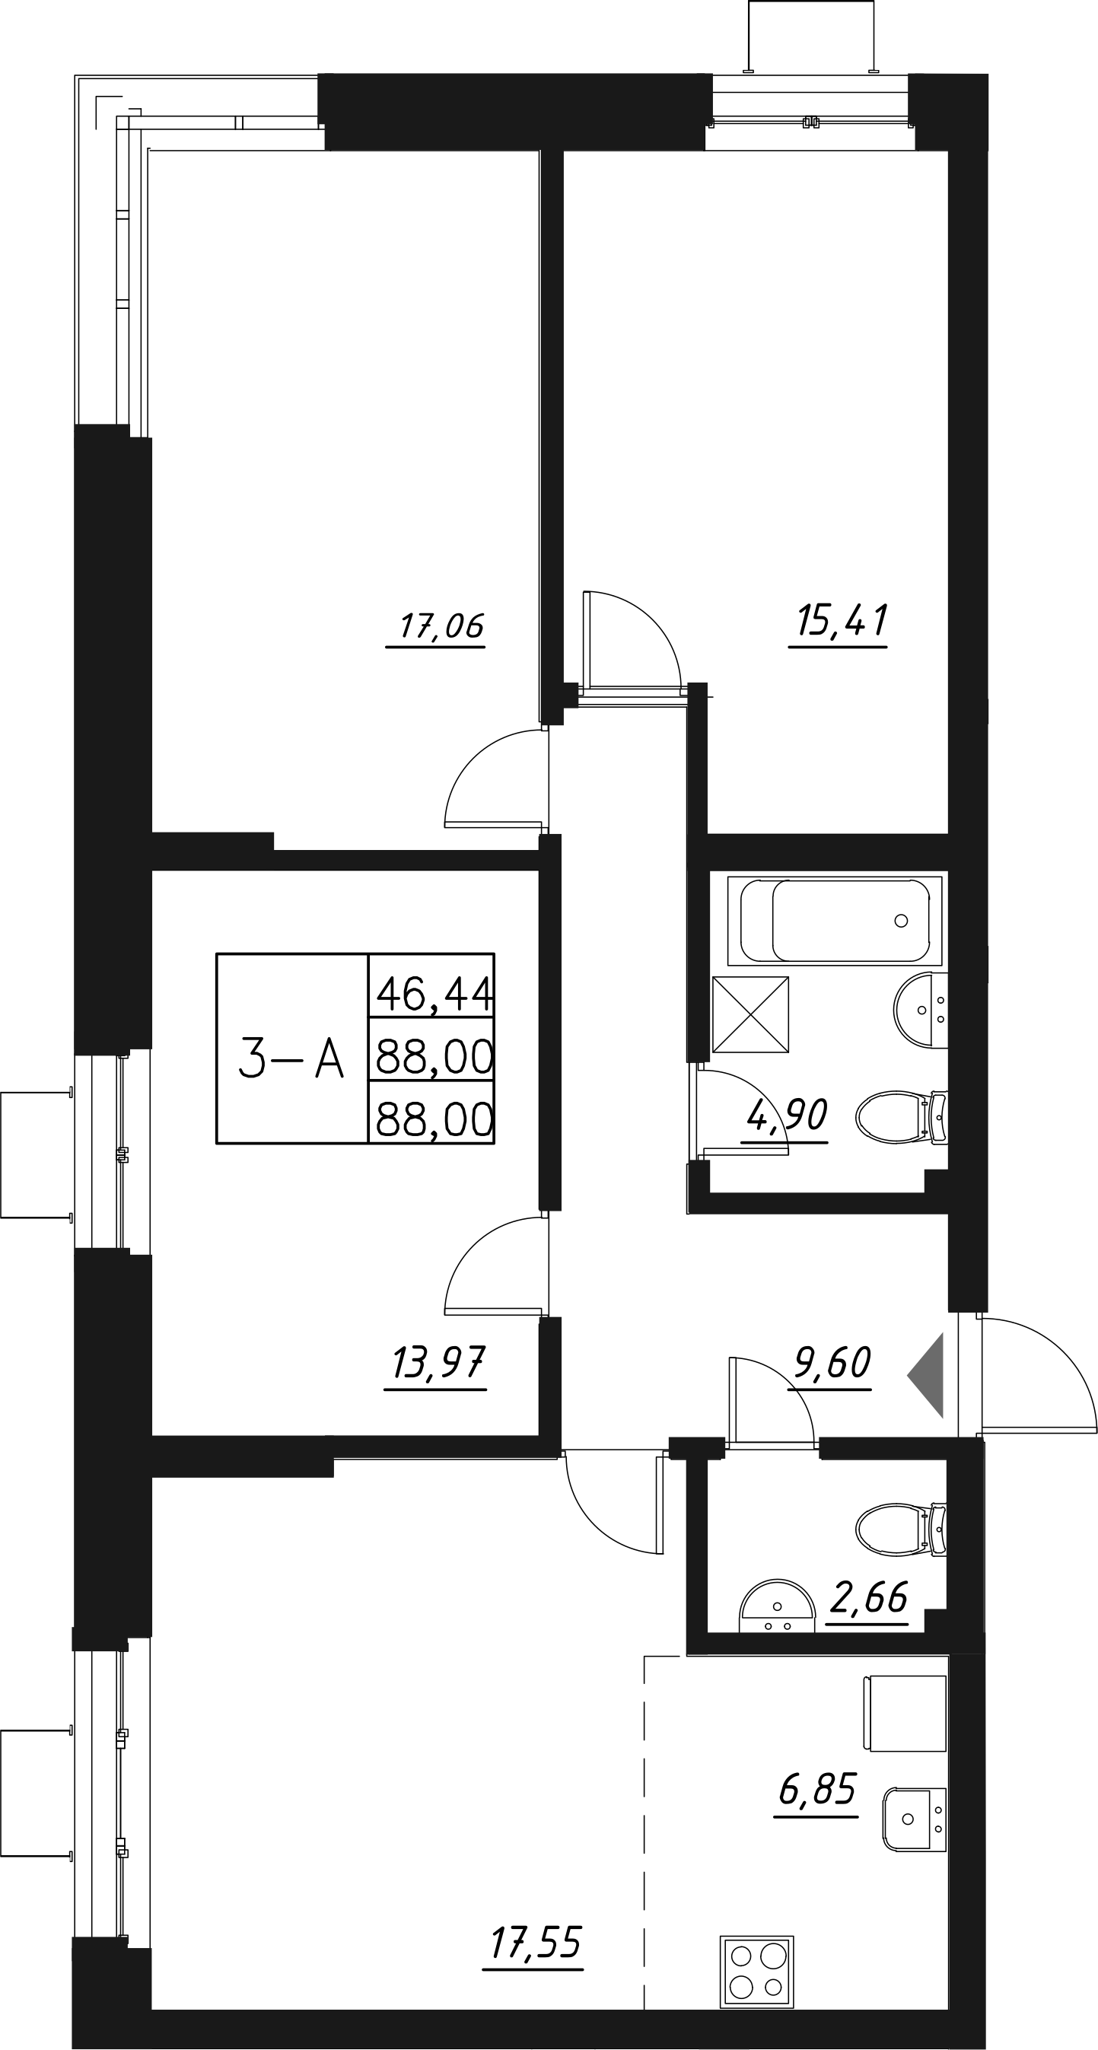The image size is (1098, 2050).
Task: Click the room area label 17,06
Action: [x=441, y=626]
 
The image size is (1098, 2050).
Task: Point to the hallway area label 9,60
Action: [x=832, y=1363]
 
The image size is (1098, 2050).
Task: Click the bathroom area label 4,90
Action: [x=787, y=1116]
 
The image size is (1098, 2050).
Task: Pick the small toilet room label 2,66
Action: [x=868, y=1597]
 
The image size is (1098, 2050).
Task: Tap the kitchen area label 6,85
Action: [x=817, y=1790]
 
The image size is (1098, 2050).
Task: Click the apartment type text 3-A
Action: [x=291, y=1060]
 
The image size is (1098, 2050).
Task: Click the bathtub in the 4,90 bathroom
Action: [x=835, y=921]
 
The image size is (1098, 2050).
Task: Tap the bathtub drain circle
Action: [x=901, y=921]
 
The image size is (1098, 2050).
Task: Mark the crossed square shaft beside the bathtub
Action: [x=750, y=1014]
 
